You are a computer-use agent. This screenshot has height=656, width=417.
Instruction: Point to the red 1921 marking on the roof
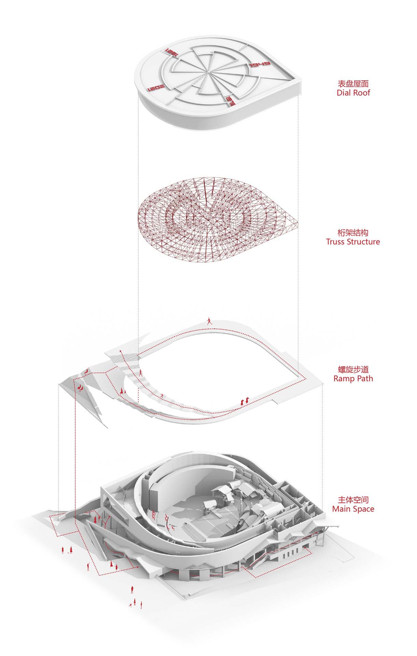click(x=170, y=52)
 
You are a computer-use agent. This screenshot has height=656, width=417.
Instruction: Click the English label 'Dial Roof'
click(x=353, y=93)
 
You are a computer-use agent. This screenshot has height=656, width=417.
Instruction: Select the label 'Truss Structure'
click(x=353, y=242)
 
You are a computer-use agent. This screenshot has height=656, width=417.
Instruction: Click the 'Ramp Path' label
click(x=353, y=379)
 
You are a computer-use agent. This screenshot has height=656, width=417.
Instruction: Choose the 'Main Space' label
click(x=353, y=509)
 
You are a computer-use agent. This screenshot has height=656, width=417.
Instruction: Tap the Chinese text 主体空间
click(x=353, y=500)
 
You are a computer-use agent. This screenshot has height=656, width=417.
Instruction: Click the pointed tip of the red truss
click(x=296, y=224)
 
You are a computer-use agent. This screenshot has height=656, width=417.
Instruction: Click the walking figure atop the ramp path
click(x=209, y=321)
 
